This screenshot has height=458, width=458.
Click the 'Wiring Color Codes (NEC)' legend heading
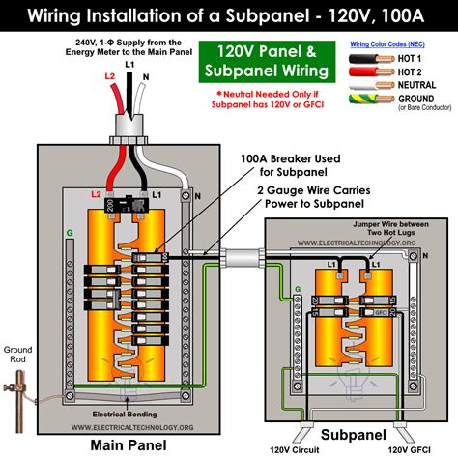tap(389, 43)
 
